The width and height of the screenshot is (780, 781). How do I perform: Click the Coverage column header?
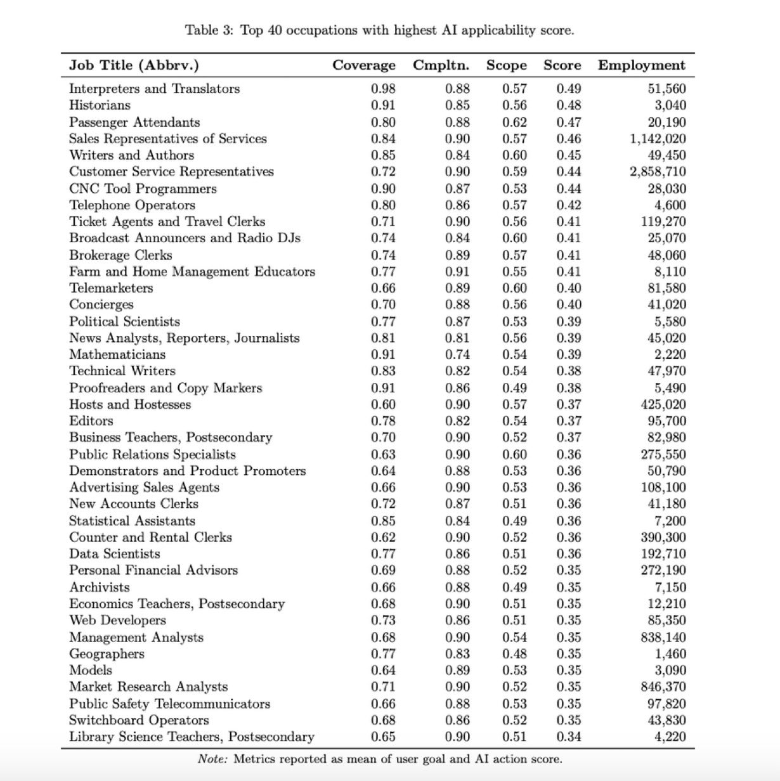(363, 65)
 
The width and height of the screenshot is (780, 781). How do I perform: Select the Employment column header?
(641, 65)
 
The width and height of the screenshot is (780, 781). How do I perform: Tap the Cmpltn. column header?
(441, 65)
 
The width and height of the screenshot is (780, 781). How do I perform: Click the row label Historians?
(100, 105)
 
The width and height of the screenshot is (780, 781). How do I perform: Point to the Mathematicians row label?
(117, 354)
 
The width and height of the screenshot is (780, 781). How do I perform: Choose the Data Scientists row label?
(115, 553)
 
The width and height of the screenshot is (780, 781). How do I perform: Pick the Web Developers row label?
(117, 620)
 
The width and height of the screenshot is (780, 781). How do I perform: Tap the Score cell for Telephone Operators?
(569, 205)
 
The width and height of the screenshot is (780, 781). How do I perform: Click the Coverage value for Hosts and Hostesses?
(383, 404)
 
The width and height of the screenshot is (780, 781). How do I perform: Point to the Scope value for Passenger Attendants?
(514, 122)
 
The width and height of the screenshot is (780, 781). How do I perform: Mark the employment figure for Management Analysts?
(663, 637)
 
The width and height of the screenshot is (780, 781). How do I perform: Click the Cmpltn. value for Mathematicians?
(457, 354)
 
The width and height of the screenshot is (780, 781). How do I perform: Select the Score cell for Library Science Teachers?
(569, 737)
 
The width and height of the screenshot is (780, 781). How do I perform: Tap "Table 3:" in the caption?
(209, 30)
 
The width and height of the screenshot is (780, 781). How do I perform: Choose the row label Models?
(91, 670)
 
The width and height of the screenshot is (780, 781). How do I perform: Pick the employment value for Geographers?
(670, 654)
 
